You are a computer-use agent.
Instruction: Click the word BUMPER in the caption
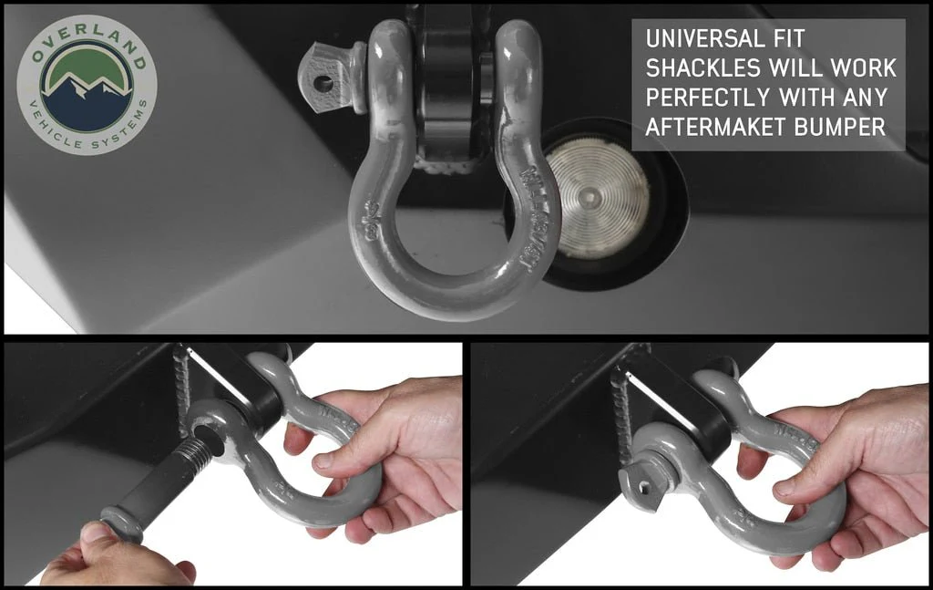pos(843,127)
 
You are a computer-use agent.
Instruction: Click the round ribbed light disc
pos(598,197)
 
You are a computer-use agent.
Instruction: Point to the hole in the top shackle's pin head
pos(323,83)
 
